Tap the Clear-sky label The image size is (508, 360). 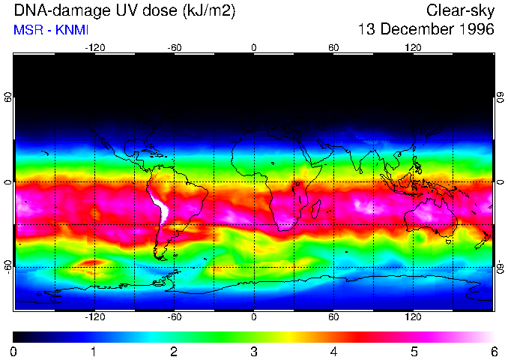tap(460, 10)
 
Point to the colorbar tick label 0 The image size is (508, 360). tap(13, 351)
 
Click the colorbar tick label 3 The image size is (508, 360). tap(253, 351)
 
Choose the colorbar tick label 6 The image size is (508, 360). tap(493, 351)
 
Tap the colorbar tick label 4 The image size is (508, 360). tap(333, 351)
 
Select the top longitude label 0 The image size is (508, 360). tap(253, 47)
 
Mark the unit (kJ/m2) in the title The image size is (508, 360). tap(205, 10)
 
